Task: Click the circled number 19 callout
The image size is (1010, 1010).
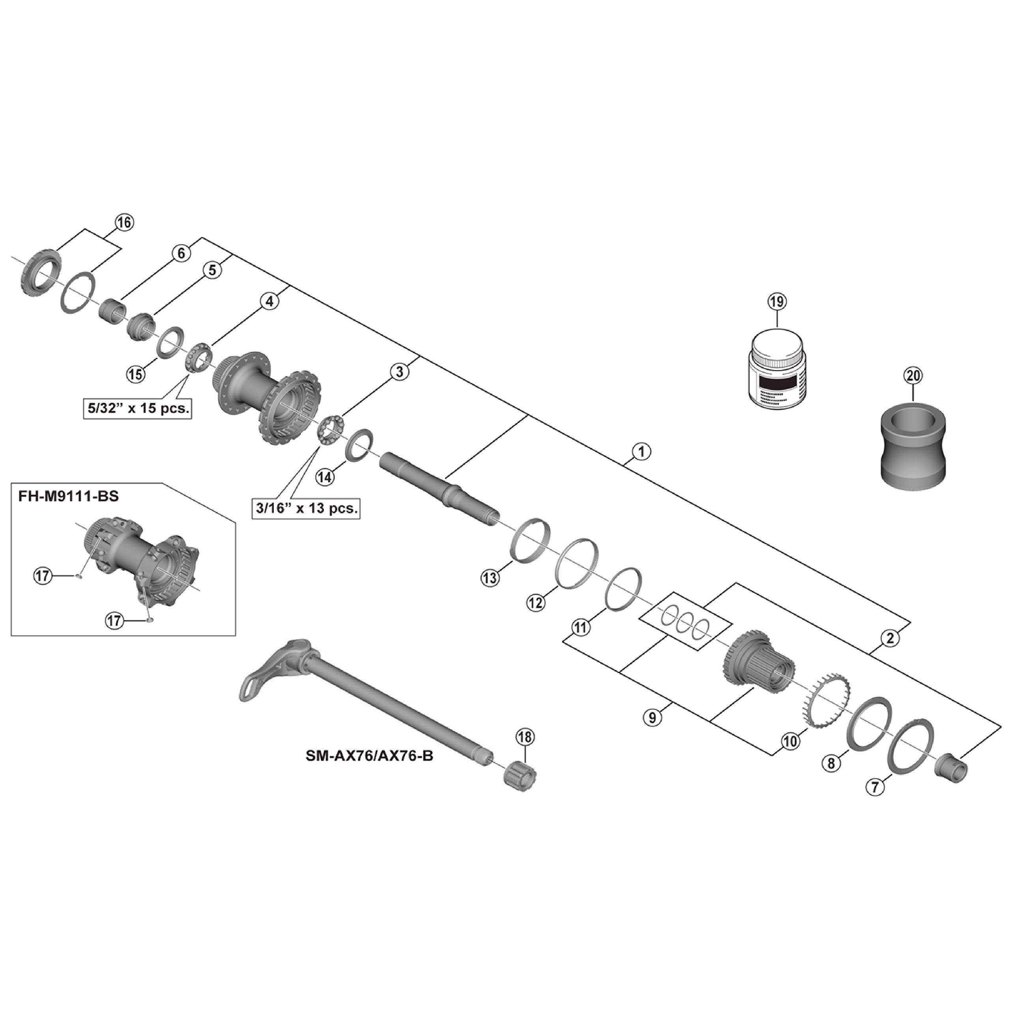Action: click(x=776, y=302)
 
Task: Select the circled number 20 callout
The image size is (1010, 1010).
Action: click(x=914, y=376)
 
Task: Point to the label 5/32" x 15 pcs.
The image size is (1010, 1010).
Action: click(x=138, y=408)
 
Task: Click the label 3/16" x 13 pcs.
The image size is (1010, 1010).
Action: click(x=307, y=508)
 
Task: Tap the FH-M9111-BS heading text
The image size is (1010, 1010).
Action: click(x=69, y=496)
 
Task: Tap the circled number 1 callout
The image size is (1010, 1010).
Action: click(x=642, y=451)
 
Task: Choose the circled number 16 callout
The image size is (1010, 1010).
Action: click(x=124, y=222)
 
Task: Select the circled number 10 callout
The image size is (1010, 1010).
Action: click(x=790, y=741)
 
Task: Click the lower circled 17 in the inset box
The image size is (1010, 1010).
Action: click(x=115, y=621)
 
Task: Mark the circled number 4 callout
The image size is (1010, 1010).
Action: click(x=269, y=302)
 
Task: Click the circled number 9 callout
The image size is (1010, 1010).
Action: click(x=652, y=718)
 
